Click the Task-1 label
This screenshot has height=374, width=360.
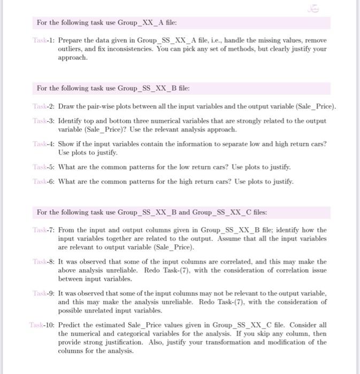click(x=47, y=41)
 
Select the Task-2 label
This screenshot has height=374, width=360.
click(x=47, y=106)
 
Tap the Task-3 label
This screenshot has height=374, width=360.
click(x=47, y=121)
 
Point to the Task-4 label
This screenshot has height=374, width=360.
click(x=47, y=144)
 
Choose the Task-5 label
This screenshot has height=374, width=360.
click(x=47, y=167)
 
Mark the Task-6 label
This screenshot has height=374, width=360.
click(x=47, y=181)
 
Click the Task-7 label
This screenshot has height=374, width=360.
click(x=47, y=230)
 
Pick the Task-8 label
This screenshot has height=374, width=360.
click(x=47, y=262)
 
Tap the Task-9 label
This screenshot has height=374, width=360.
click(x=47, y=293)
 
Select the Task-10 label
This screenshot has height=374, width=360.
click(x=44, y=325)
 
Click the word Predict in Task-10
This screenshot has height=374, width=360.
click(x=70, y=325)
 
